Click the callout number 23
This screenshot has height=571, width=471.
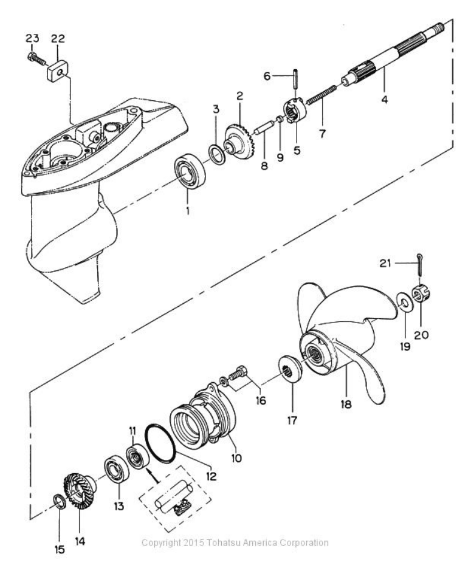(33, 38)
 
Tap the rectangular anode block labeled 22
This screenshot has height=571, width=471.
(58, 72)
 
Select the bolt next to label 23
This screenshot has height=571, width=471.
(36, 59)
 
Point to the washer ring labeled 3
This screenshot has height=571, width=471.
(216, 154)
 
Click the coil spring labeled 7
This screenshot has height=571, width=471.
(322, 95)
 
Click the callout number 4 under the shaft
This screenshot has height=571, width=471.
(385, 99)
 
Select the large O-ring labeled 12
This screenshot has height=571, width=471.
(160, 443)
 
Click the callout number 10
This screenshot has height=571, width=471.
(236, 458)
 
